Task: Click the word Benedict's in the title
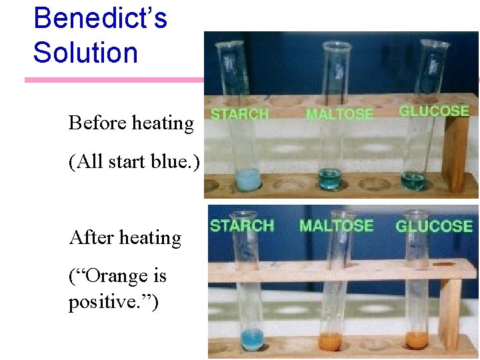coord(100,18)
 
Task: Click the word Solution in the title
coord(85,53)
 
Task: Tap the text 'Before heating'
coord(131,123)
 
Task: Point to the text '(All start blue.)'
coord(134,162)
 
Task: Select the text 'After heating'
coord(125,238)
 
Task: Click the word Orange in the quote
coord(117,275)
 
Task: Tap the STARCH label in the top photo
coord(239,114)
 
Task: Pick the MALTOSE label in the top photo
coord(339,114)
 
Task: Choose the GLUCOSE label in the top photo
coord(433,111)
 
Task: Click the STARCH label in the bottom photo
coord(241,225)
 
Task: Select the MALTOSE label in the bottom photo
coord(336,225)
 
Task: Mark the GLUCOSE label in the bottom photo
coord(433,227)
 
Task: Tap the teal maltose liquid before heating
coord(329,179)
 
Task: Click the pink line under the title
coord(113,80)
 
